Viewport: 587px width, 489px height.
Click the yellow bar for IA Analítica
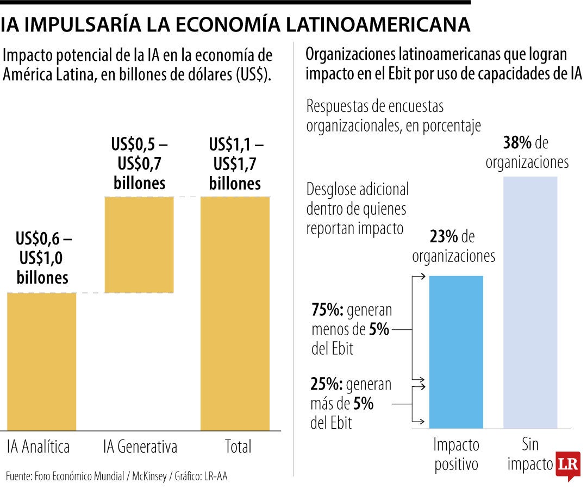[x=42, y=361]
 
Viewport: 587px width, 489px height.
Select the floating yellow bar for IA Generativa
[x=139, y=244]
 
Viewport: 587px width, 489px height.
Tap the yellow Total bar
[x=235, y=314]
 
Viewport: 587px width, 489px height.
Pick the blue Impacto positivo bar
[x=456, y=352]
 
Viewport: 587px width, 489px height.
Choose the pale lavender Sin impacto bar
[x=530, y=302]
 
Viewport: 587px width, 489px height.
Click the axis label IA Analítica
[x=39, y=447]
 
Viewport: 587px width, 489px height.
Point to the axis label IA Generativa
[x=140, y=447]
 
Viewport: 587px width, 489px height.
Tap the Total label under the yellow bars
[x=238, y=447]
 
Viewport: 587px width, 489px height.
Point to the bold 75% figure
[x=327, y=310]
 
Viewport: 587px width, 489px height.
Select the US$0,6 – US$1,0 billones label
[x=43, y=258]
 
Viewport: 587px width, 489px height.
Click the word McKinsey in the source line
[x=148, y=477]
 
